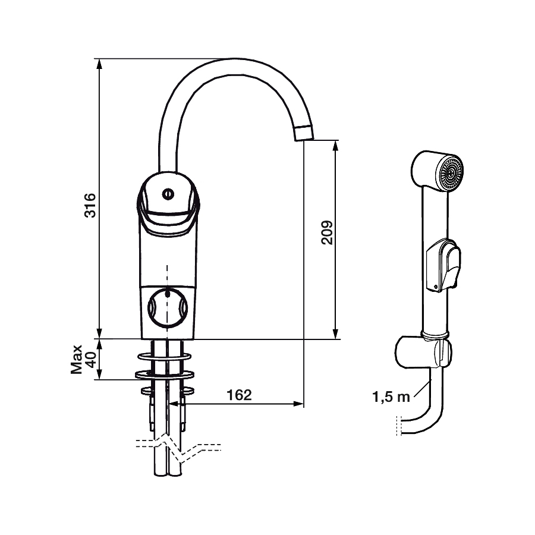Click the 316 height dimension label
tap(90, 206)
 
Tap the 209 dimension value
tap(327, 232)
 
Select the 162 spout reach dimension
tap(239, 395)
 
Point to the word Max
tap(77, 359)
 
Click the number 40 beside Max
tap(90, 360)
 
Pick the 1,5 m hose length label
tap(391, 397)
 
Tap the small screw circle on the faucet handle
tap(168, 194)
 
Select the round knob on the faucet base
tap(168, 307)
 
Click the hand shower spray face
tap(450, 172)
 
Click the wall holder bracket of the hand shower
tap(423, 353)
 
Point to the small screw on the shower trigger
tap(435, 287)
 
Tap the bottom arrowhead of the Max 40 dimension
tap(99, 374)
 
